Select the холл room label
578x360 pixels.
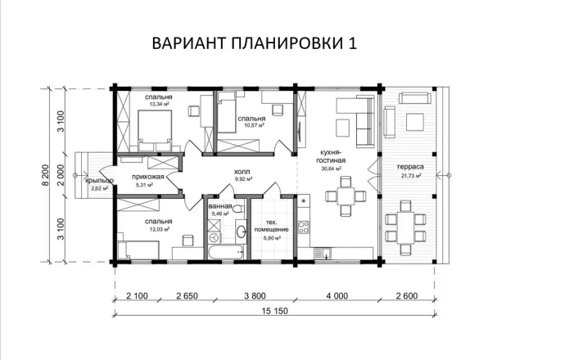[242, 171]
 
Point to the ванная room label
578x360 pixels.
[219, 206]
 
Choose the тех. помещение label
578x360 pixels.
[272, 225]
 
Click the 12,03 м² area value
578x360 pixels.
[159, 230]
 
